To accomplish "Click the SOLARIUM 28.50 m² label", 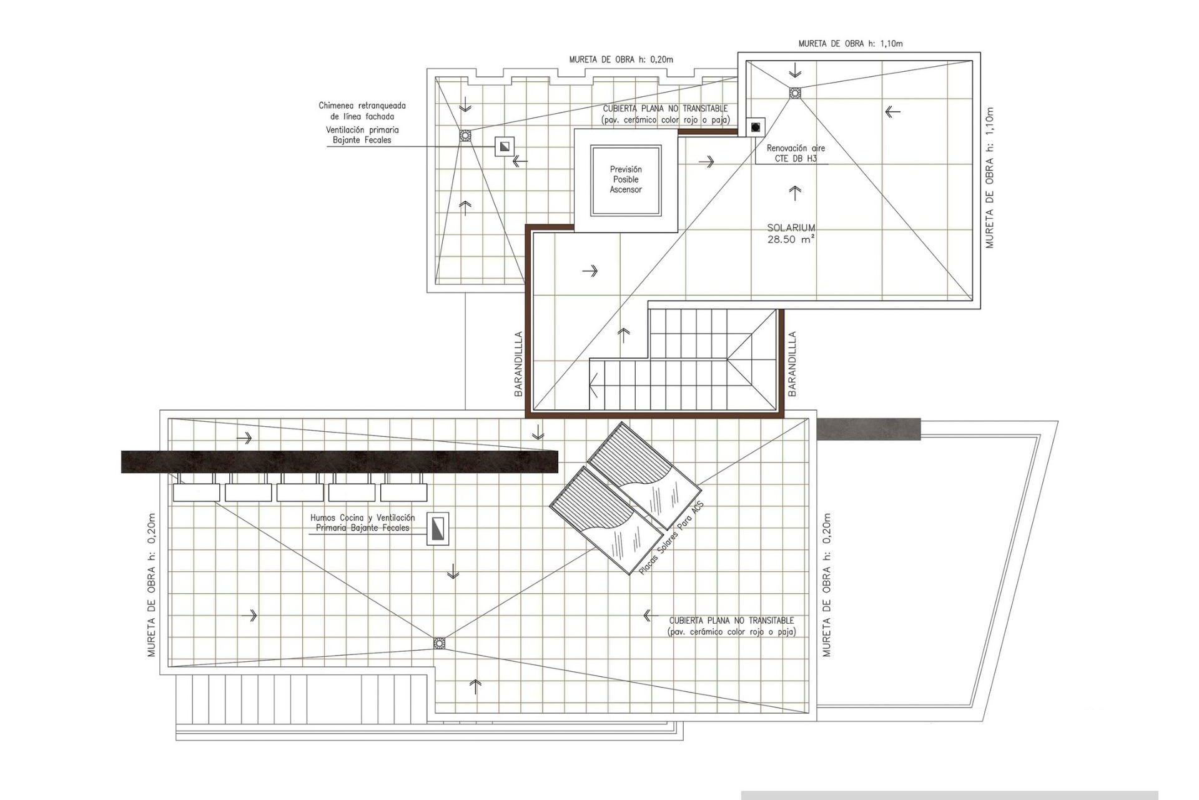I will click(791, 234).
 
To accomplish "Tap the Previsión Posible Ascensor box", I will click(626, 180).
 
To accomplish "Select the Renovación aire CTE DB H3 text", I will click(796, 154).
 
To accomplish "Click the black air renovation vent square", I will click(756, 127).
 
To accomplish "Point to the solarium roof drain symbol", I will click(794, 93).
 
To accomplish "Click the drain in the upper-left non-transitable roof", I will click(465, 136).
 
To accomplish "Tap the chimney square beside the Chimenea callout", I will click(505, 147).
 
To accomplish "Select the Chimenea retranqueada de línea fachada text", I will click(362, 111).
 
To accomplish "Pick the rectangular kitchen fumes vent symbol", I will click(438, 529).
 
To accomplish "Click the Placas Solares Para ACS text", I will click(671, 538).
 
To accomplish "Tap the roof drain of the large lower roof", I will click(440, 643).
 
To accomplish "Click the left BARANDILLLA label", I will click(518, 364).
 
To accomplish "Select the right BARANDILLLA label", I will click(792, 364).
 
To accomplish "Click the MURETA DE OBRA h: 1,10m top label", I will click(851, 44).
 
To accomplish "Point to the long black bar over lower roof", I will click(339, 461).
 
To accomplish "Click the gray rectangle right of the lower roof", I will click(868, 429).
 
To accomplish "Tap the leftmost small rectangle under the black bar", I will click(196, 492).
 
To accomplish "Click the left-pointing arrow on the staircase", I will click(594, 385).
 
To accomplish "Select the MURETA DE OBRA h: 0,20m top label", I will click(621, 60).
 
